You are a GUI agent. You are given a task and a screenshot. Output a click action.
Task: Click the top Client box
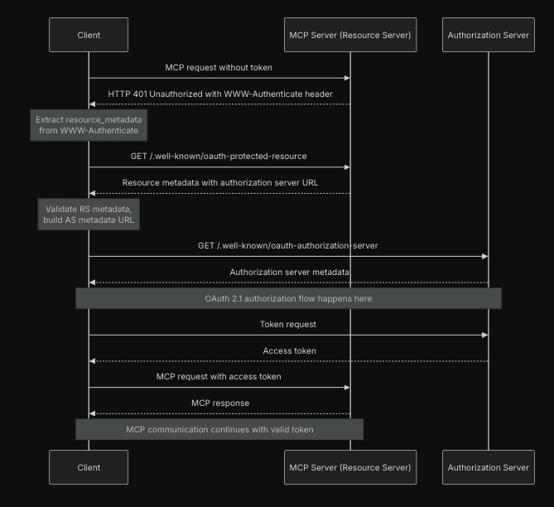(89, 35)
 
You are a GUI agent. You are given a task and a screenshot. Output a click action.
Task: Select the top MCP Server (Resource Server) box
(349, 35)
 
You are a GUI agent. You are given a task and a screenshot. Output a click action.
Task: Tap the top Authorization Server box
(488, 35)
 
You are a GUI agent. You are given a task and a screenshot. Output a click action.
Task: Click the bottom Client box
(89, 467)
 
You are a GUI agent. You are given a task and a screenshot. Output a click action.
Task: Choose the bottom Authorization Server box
(488, 467)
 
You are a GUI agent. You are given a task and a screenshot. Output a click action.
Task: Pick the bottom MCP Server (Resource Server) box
(349, 467)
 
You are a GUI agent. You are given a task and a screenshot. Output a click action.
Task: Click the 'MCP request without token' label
(219, 67)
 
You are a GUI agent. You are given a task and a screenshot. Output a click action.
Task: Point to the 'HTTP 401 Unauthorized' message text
(219, 94)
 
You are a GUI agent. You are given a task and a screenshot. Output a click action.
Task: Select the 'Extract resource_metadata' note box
(89, 125)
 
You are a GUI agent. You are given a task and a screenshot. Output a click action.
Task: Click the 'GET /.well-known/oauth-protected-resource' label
(219, 156)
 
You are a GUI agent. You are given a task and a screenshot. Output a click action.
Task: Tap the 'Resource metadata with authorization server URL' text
(219, 182)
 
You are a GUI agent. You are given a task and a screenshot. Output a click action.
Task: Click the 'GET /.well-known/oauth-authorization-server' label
(288, 245)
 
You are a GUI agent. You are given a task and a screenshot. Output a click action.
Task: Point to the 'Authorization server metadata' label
(289, 272)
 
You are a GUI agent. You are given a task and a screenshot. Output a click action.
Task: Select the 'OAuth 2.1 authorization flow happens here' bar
(288, 298)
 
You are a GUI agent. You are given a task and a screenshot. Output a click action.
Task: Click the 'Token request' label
(288, 325)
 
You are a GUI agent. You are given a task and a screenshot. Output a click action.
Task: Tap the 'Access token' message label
(289, 350)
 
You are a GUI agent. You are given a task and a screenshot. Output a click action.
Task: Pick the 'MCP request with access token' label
(219, 376)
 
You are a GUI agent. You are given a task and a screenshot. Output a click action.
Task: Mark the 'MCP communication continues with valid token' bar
(219, 429)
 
